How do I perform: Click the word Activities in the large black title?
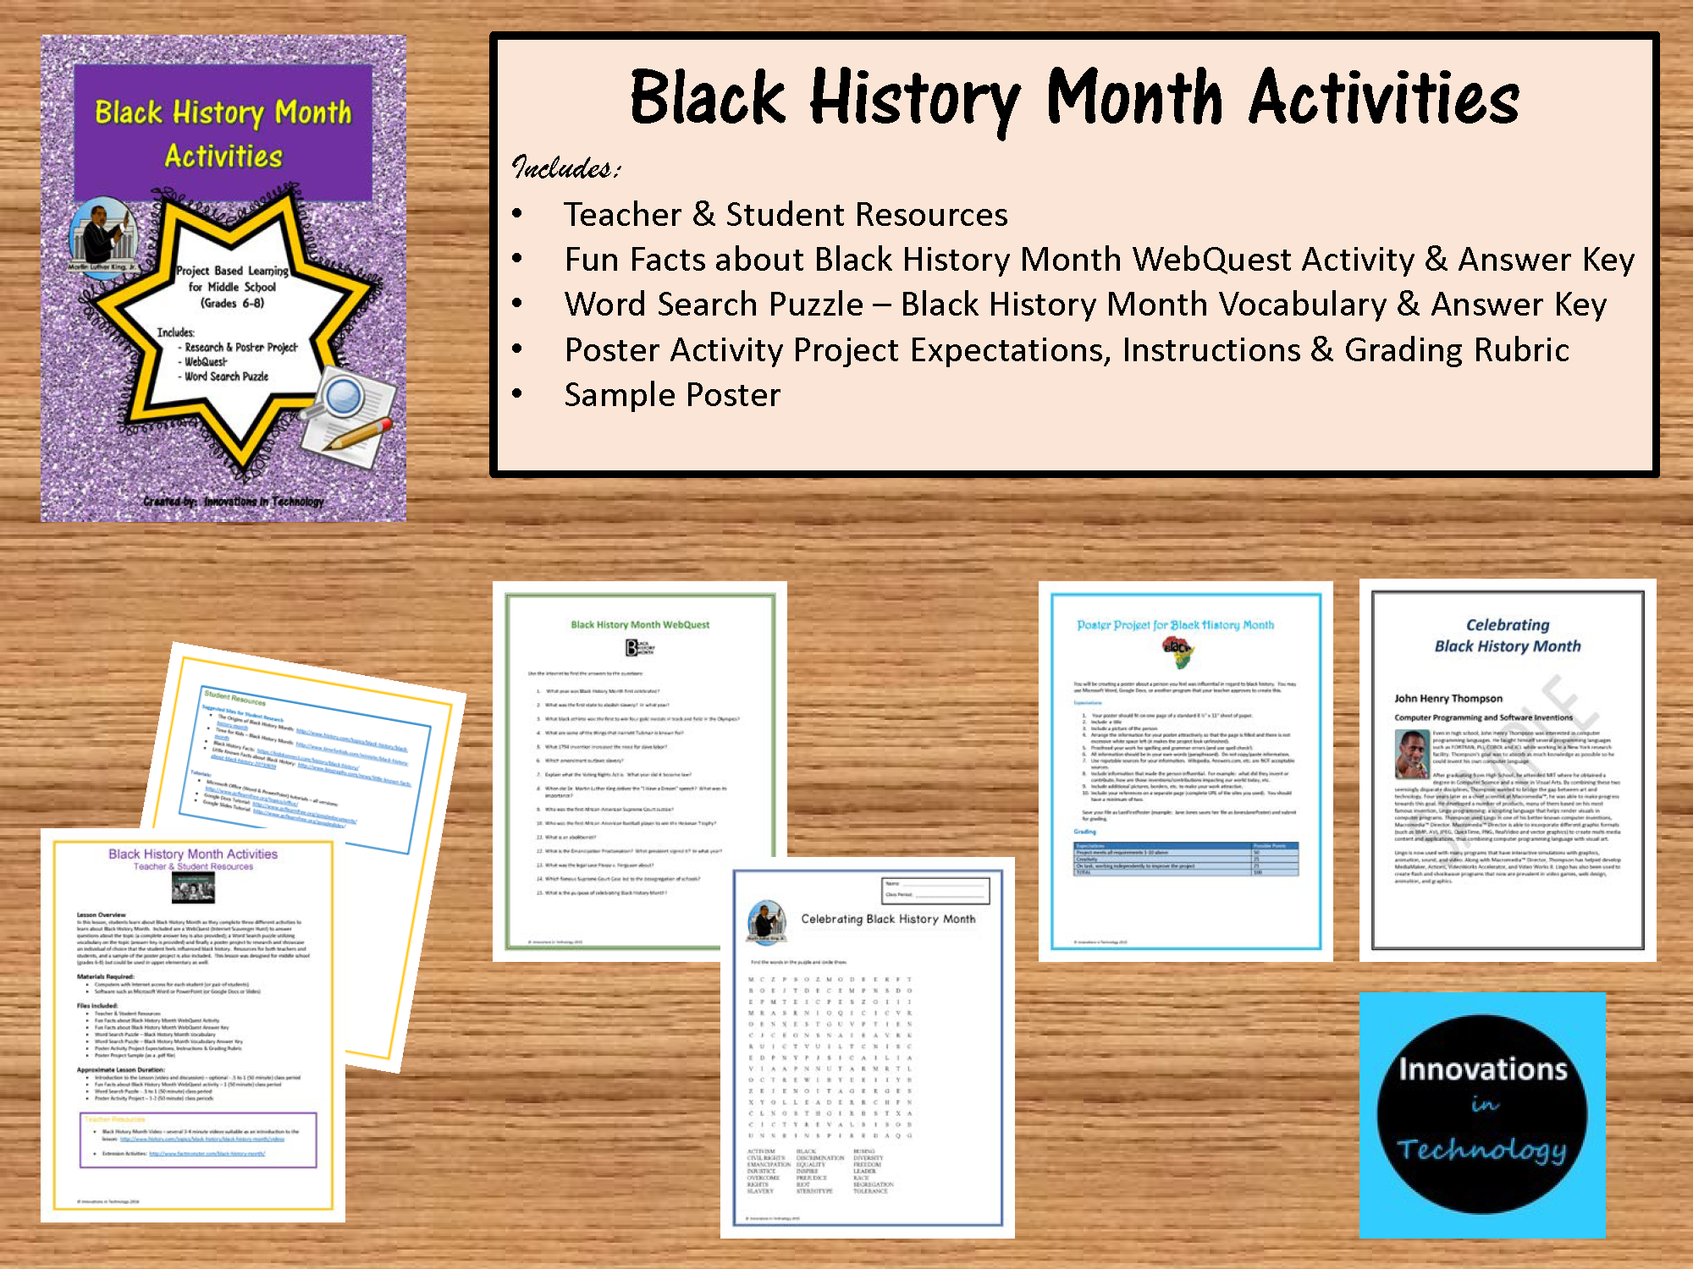pos(1384,100)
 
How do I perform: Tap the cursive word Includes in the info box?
pos(565,168)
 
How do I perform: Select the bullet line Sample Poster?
pos(672,395)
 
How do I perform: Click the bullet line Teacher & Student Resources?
pos(786,215)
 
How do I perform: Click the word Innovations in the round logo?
pos(1482,1069)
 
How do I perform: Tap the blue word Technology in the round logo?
pos(1481,1149)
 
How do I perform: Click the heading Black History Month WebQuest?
pos(640,625)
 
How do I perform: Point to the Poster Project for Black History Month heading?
pos(1175,625)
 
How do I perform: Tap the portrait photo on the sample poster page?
pos(1411,755)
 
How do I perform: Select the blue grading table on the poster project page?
pos(1186,859)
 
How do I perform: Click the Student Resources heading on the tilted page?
pos(234,698)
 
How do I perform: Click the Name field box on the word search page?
pos(935,884)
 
